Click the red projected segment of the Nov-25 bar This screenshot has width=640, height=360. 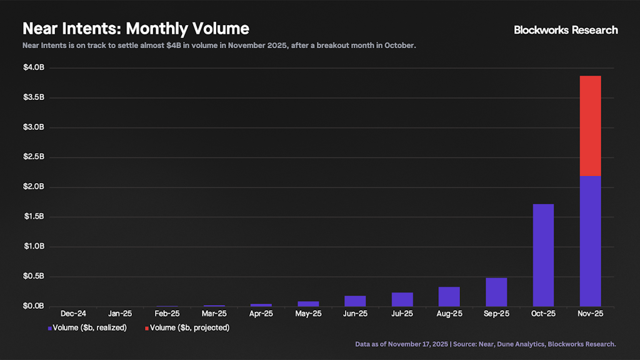click(x=590, y=126)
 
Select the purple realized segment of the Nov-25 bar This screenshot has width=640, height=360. click(x=590, y=241)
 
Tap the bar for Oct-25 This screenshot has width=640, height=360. click(x=543, y=255)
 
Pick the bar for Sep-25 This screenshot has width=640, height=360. click(x=496, y=292)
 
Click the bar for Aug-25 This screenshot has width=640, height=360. click(x=449, y=297)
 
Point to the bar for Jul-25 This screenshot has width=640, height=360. click(x=402, y=299)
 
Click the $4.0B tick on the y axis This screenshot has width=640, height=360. click(x=34, y=67)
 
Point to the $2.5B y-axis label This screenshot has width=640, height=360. click(x=34, y=157)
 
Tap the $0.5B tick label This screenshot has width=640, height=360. click(x=34, y=276)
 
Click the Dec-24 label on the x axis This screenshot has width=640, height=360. click(x=74, y=314)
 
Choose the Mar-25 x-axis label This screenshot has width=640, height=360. click(x=214, y=314)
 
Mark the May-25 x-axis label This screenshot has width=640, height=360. click(x=308, y=314)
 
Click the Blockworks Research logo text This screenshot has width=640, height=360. click(x=566, y=30)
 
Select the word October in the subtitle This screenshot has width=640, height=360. click(x=399, y=46)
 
